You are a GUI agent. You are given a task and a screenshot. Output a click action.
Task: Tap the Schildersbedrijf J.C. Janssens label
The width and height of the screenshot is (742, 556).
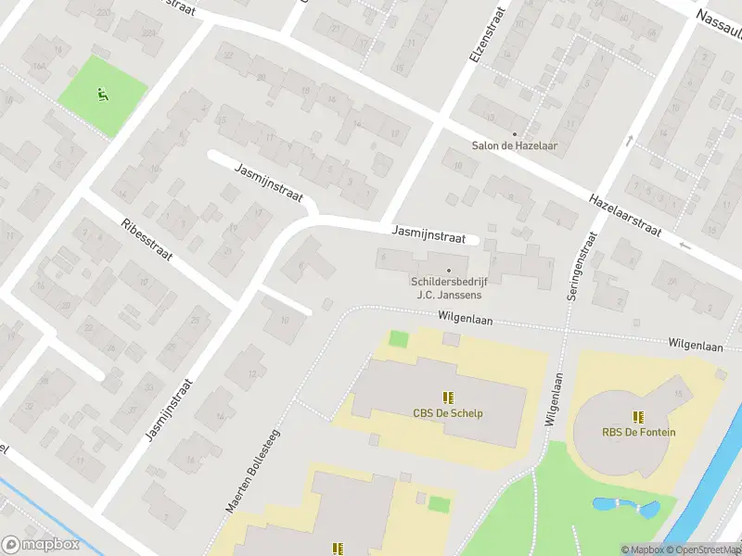[x=449, y=288]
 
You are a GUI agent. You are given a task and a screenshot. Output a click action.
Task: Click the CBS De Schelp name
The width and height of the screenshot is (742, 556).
[x=448, y=413]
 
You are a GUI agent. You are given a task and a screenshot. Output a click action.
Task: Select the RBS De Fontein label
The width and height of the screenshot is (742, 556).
[x=638, y=432]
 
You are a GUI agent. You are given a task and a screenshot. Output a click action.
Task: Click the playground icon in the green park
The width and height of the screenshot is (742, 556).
[x=102, y=93]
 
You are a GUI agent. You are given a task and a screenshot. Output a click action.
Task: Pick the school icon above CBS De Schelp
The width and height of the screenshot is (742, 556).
[x=448, y=398]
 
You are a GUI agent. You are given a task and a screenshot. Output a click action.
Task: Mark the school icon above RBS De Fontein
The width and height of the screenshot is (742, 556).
[x=638, y=416]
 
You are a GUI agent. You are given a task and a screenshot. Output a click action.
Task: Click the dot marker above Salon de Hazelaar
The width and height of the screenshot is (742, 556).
[x=515, y=133]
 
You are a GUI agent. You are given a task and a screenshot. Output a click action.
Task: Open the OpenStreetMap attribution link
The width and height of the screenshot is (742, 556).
[x=702, y=550]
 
